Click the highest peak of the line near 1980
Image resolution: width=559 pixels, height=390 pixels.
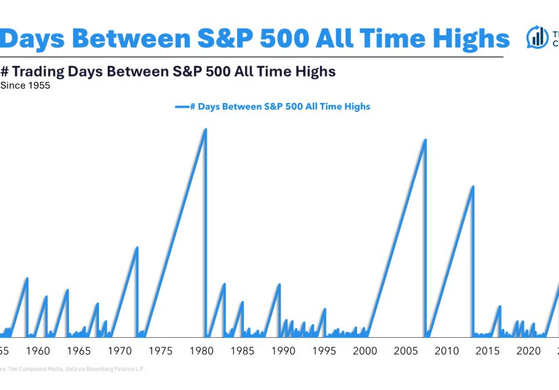(205, 130)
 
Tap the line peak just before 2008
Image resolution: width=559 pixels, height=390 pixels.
(425, 140)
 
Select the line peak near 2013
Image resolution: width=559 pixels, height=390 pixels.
(472, 187)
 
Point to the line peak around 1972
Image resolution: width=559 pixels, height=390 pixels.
(137, 248)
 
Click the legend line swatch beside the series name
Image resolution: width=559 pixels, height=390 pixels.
(181, 107)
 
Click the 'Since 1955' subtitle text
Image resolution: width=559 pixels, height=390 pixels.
(25, 85)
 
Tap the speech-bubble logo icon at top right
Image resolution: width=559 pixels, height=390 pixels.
(538, 38)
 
